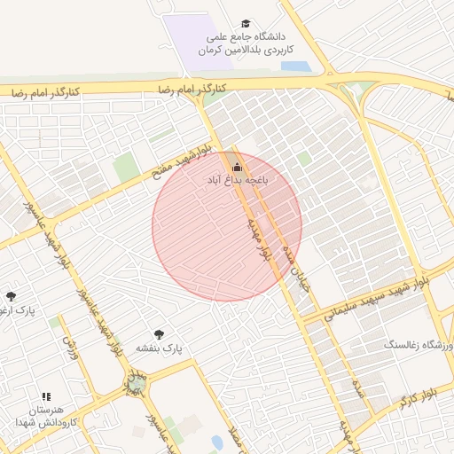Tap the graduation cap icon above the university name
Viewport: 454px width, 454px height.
246,24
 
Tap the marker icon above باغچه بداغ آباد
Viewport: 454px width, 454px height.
236,167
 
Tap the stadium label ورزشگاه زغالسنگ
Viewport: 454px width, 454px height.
418,343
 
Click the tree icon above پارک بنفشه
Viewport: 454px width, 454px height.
159,334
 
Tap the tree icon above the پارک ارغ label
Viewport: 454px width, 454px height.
11,296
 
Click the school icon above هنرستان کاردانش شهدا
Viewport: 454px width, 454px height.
46,396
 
